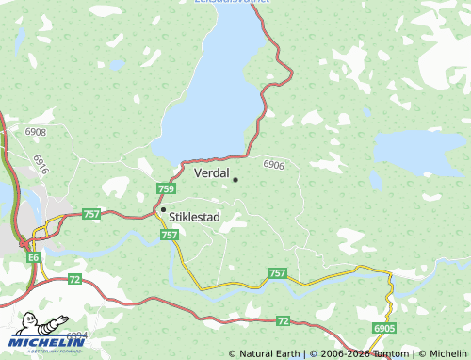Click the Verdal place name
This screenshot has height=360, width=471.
coord(211,173)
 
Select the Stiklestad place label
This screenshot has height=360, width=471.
coord(194,216)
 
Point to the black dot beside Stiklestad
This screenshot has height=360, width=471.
coord(163,209)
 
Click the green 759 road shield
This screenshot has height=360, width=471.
coord(165,188)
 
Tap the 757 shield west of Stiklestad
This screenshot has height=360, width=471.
coord(91,215)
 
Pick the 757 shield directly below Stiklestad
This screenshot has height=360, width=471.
coord(170,234)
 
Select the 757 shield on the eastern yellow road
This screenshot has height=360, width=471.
coord(277,272)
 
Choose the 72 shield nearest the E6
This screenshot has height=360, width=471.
coord(74,279)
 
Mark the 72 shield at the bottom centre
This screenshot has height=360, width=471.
coord(284,321)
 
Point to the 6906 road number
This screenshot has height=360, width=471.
coord(274,165)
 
